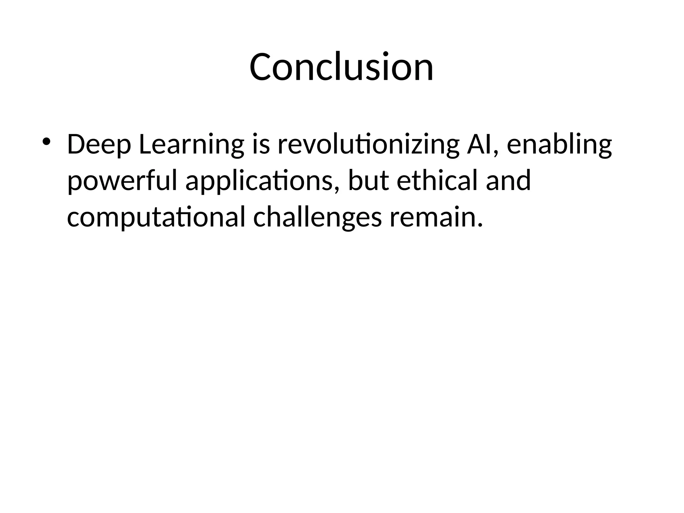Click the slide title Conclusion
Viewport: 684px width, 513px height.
341,67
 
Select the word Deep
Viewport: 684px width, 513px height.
99,145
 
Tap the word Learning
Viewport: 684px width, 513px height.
191,145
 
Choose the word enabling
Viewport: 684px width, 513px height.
559,145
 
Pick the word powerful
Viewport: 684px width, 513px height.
122,181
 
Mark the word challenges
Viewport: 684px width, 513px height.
317,218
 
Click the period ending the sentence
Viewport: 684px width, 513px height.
480,225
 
